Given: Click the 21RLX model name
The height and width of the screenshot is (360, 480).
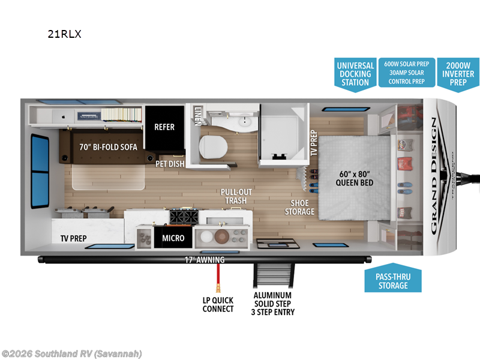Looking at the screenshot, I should [64, 34].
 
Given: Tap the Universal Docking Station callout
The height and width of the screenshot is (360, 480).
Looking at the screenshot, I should [355, 74].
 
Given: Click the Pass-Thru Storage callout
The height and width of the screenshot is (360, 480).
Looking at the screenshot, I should [393, 281].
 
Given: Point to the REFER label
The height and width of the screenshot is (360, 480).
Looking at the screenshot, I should [164, 127].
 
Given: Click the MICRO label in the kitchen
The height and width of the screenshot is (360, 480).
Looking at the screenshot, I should [173, 238].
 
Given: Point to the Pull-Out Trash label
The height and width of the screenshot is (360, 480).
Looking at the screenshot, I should [236, 196].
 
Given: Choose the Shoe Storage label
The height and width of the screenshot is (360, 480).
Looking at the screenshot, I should [299, 207].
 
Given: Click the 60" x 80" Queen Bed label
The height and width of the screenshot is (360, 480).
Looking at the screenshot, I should [355, 179].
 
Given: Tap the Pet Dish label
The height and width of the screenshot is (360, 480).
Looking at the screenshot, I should [170, 163].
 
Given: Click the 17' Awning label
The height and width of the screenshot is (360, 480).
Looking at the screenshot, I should [205, 260].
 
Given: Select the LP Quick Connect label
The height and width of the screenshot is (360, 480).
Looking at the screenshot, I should [218, 304].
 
